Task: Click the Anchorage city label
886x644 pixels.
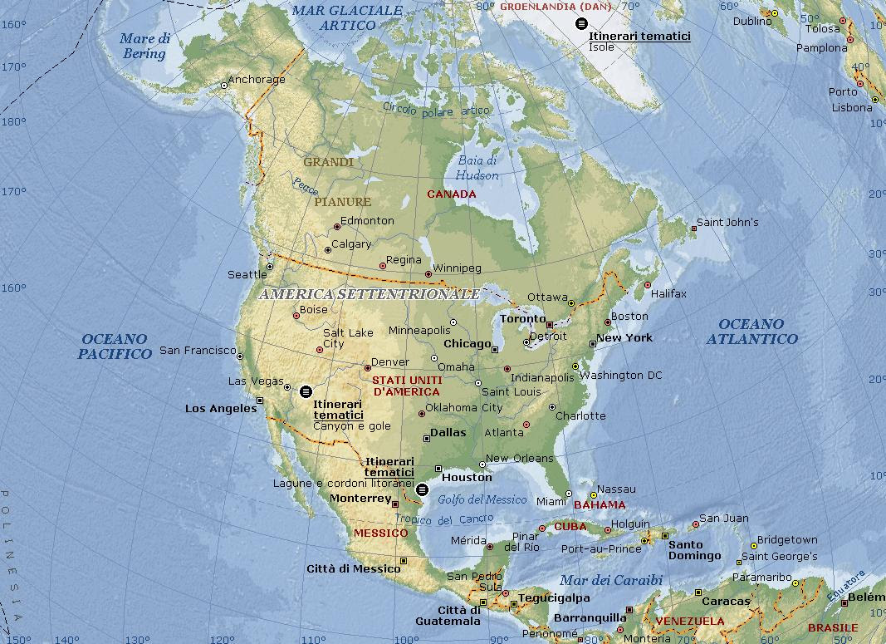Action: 256,80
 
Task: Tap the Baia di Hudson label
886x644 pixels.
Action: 477,168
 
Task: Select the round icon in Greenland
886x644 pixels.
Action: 580,23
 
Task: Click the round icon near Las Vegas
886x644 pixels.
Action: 306,391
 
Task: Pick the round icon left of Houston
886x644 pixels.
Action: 422,489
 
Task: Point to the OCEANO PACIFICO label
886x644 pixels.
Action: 115,347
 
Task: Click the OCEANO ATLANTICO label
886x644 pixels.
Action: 751,332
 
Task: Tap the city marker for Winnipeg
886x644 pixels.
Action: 428,274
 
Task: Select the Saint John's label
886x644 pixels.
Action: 727,222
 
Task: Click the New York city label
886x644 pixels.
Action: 624,337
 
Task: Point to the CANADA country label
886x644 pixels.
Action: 451,194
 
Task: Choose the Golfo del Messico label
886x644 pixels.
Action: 482,499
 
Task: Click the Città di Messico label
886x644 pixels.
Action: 354,568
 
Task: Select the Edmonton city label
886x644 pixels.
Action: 367,220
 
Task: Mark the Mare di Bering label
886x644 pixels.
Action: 144,46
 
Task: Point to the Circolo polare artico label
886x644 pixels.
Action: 436,109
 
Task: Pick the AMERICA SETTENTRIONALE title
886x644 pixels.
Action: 369,294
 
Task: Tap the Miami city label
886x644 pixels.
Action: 551,501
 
